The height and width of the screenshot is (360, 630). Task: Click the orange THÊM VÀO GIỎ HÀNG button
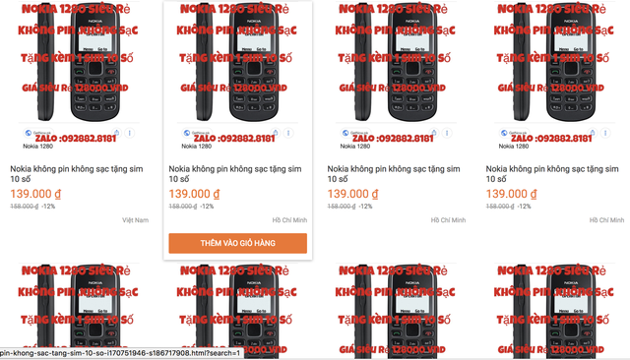click(x=237, y=242)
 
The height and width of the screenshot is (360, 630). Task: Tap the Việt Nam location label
click(x=136, y=220)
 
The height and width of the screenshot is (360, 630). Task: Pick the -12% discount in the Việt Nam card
click(x=49, y=207)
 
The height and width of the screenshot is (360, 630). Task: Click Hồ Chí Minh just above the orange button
click(x=289, y=220)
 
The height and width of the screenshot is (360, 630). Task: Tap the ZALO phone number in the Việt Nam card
click(x=82, y=139)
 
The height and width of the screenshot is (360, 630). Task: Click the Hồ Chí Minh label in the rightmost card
click(x=607, y=220)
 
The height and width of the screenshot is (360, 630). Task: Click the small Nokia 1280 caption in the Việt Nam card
click(x=28, y=147)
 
